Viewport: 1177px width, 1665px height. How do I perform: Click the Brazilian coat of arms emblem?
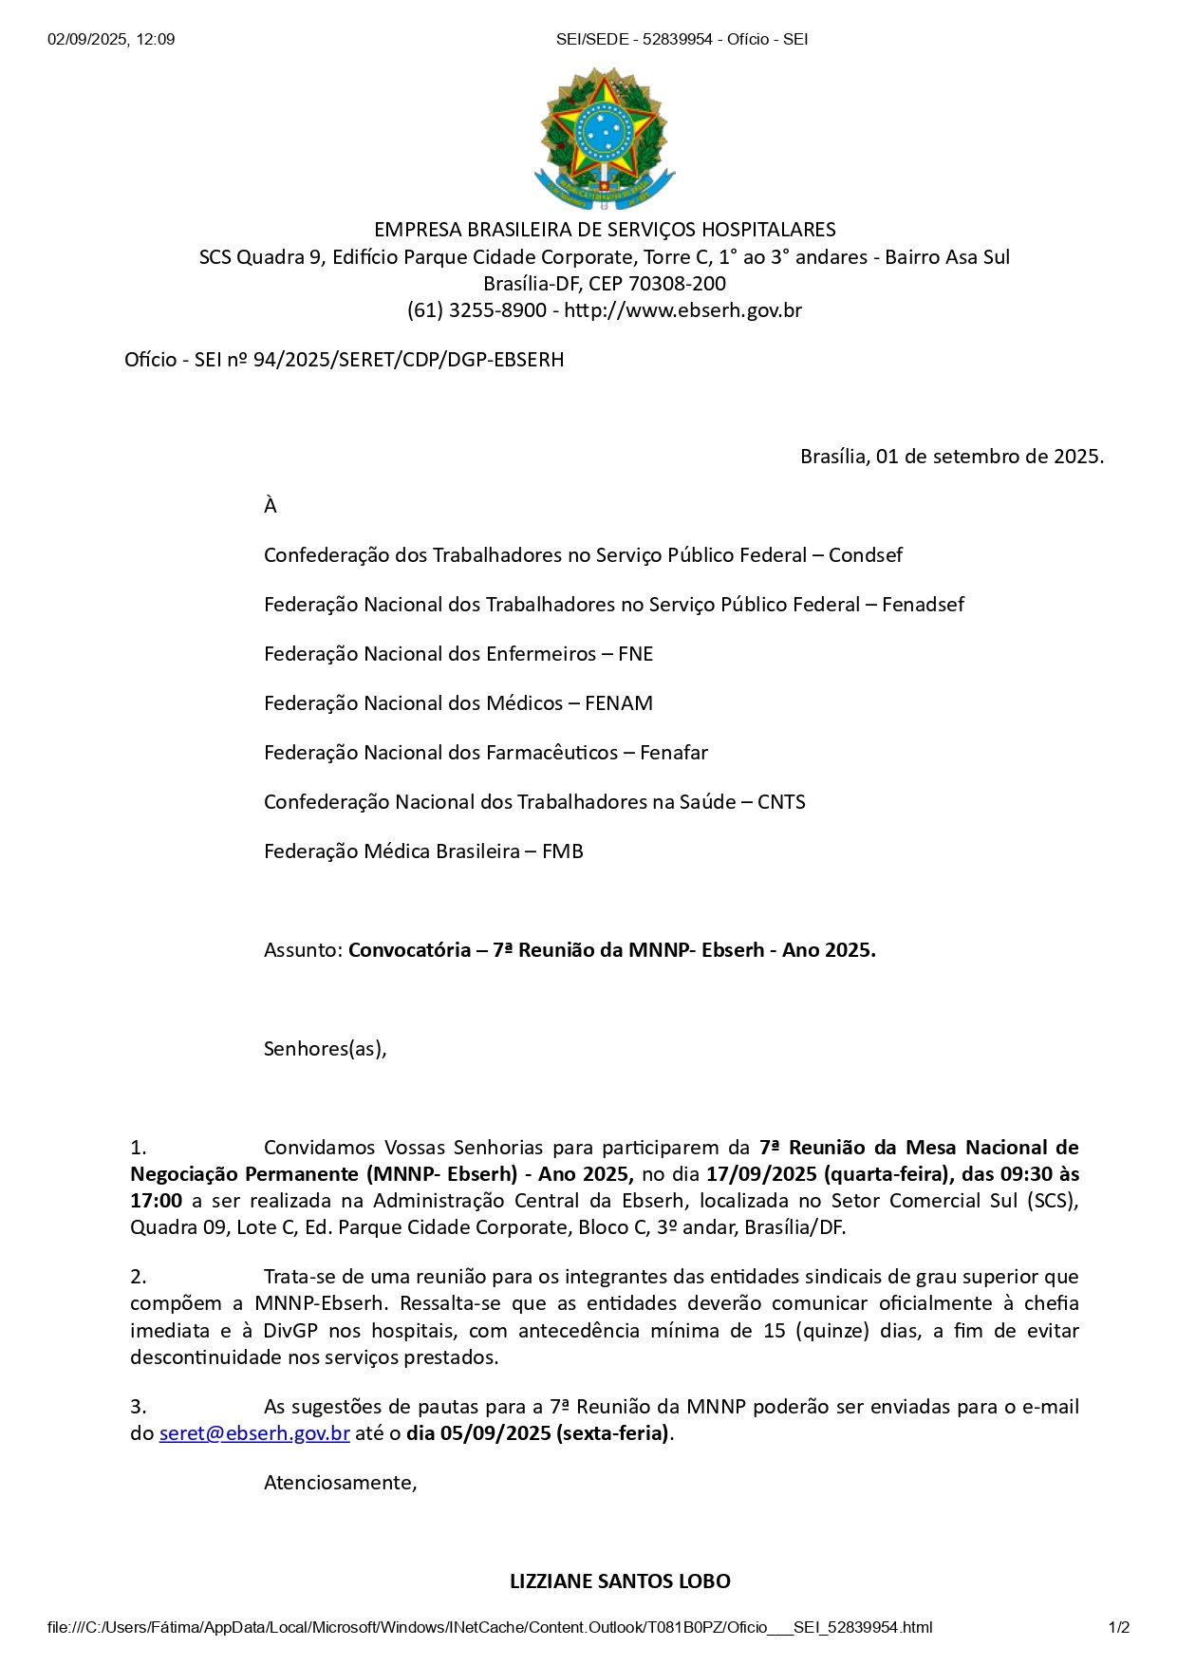pos(604,139)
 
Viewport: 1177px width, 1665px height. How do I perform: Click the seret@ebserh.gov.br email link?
pos(254,1433)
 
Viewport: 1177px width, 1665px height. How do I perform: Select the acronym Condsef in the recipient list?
pos(866,555)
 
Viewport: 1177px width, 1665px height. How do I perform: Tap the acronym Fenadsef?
pos(923,605)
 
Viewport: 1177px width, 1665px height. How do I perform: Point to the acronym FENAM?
pos(619,703)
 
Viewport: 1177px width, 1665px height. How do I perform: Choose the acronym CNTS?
pos(781,802)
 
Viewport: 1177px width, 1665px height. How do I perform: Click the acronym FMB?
pos(563,851)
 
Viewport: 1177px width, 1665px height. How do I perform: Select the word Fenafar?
pos(674,753)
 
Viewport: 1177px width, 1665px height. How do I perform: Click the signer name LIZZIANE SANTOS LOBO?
pos(620,1581)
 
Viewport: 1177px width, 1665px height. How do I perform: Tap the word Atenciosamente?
pos(340,1483)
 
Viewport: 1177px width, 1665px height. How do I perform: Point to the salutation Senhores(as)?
pos(325,1049)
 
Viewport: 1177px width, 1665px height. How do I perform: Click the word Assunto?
pos(302,950)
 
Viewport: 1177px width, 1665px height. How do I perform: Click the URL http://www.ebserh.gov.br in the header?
pos(683,310)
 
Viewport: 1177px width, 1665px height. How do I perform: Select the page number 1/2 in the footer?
pos(1119,1628)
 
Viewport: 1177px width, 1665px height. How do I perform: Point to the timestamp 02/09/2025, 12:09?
pos(111,40)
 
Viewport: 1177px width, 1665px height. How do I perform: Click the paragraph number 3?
pos(138,1407)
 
